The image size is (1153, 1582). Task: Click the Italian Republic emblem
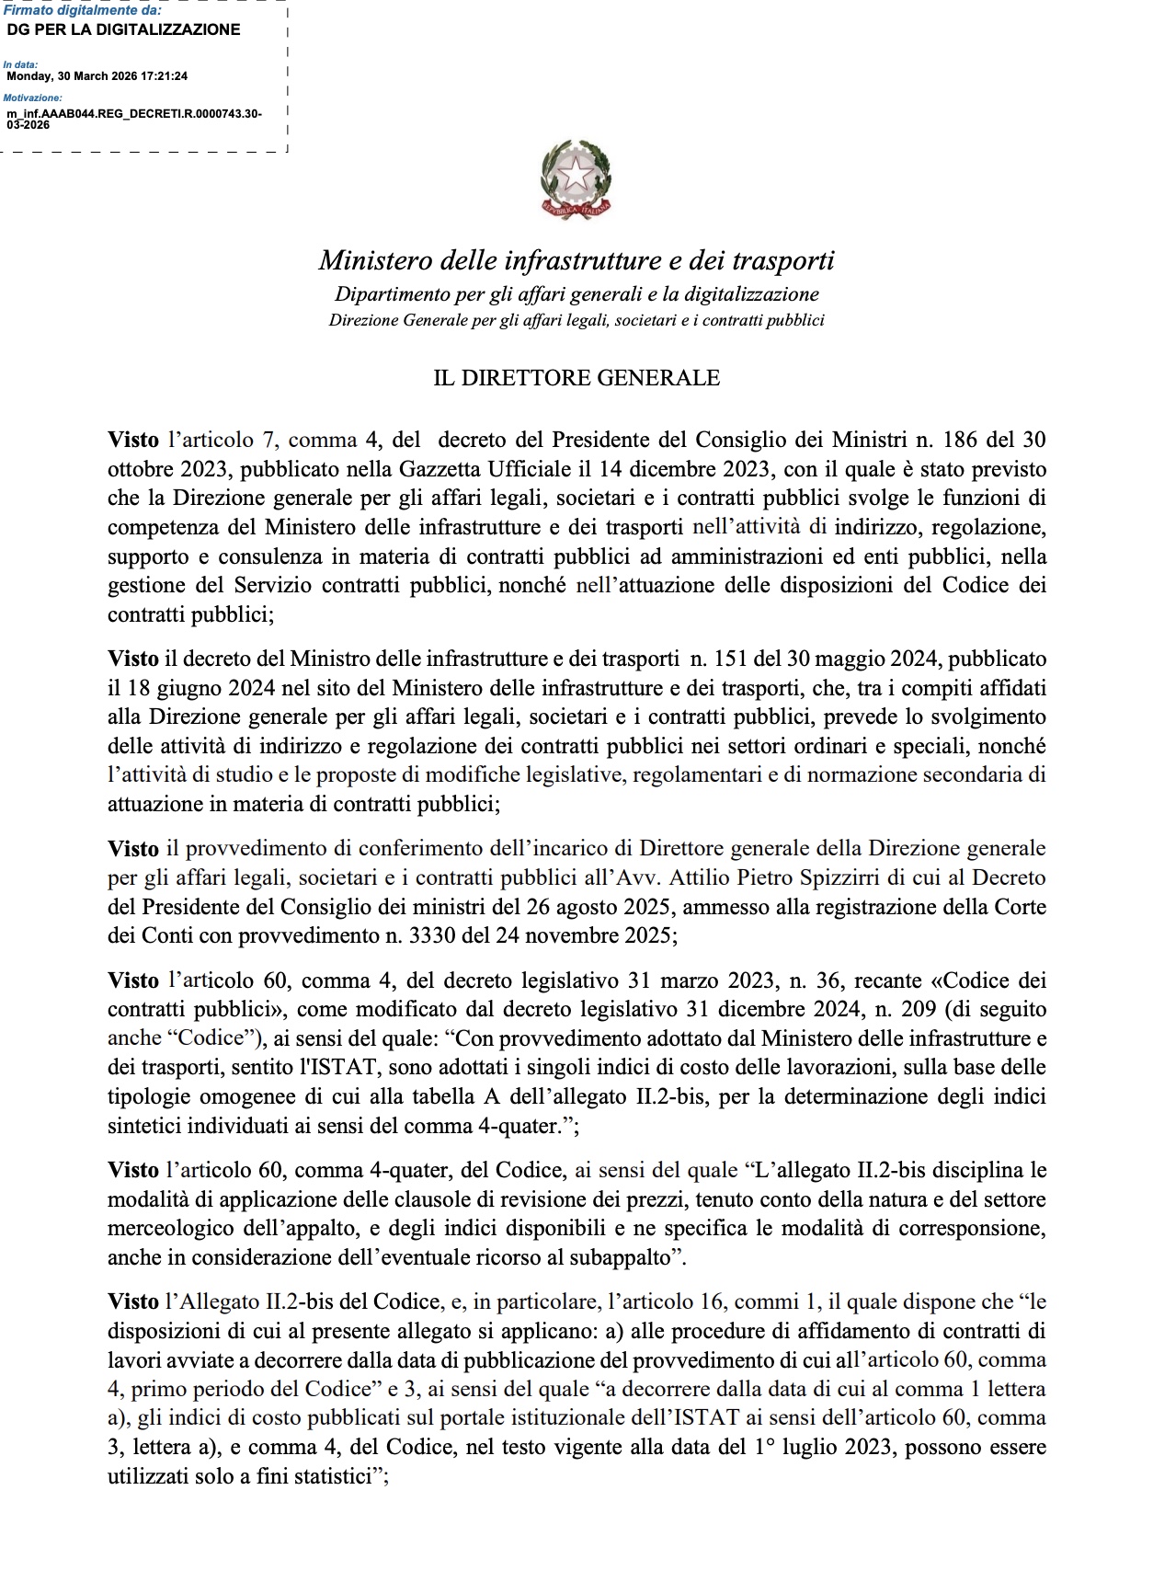(x=576, y=179)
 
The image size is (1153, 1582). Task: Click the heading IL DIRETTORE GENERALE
(x=576, y=378)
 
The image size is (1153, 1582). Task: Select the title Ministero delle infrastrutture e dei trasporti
(x=576, y=260)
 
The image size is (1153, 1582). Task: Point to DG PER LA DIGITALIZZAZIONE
(x=123, y=29)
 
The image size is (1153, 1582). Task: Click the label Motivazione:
(x=33, y=97)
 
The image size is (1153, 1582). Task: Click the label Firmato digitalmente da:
(x=82, y=10)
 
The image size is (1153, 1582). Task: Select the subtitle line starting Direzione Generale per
(x=576, y=321)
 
